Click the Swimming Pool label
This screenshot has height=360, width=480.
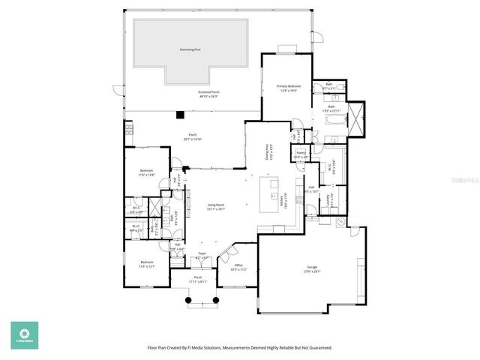190,49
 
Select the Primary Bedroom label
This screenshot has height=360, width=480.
283,87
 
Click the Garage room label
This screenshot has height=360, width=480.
312,270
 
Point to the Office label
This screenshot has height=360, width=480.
238,265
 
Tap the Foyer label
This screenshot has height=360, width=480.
202,254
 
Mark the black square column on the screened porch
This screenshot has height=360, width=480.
180,115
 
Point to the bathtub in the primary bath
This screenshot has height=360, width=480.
334,118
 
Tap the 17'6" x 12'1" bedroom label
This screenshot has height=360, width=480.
146,265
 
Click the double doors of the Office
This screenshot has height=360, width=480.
226,254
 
